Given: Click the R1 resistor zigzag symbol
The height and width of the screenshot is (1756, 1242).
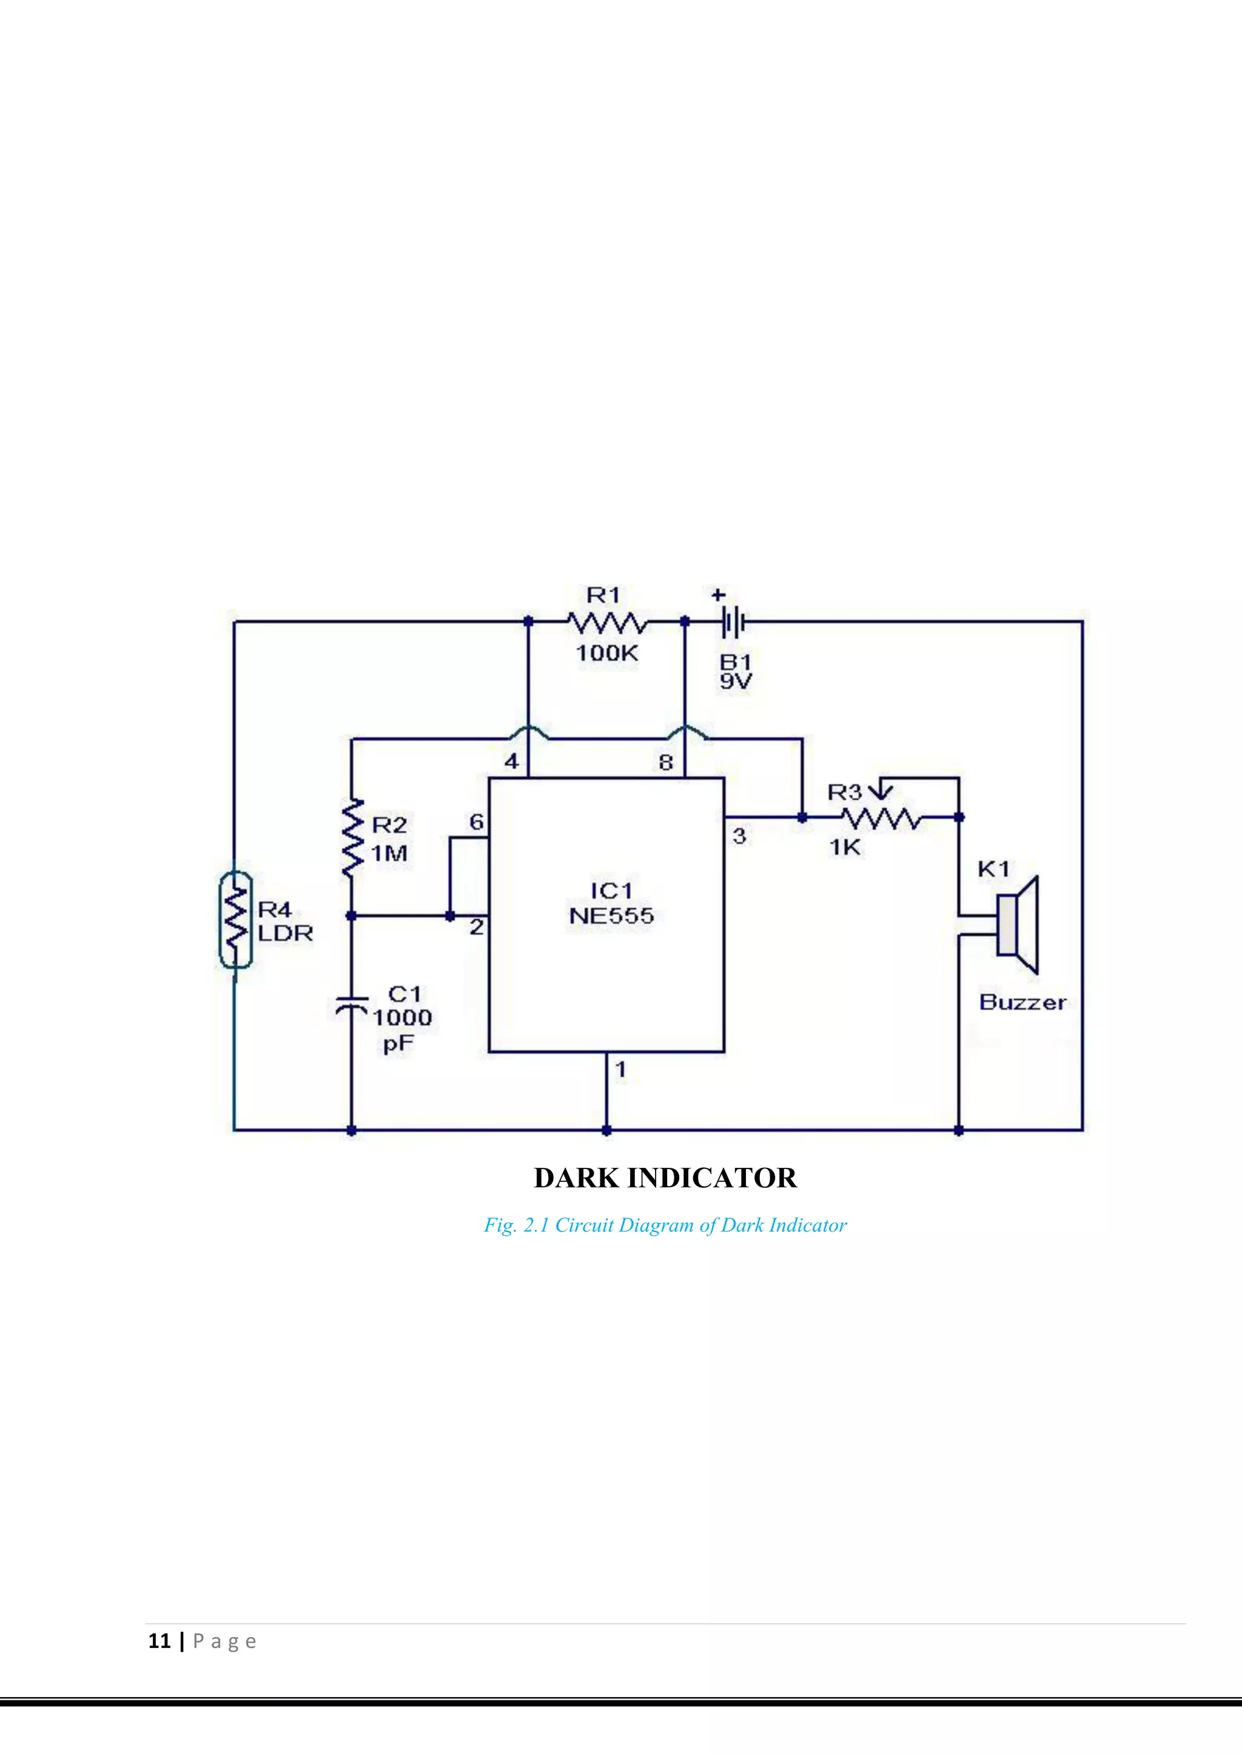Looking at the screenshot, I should pyautogui.click(x=607, y=623).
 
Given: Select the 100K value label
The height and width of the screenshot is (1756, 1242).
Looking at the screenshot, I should pyautogui.click(x=606, y=653).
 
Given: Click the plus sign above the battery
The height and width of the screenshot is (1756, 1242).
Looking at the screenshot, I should pyautogui.click(x=718, y=594).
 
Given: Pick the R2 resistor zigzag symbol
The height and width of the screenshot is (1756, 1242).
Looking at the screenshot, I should pyautogui.click(x=352, y=838).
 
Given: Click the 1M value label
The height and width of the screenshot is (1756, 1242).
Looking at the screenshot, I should pyautogui.click(x=389, y=853).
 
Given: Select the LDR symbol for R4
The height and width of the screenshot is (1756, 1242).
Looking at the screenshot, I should pyautogui.click(x=235, y=919).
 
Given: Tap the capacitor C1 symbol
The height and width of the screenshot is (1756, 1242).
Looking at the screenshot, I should pyautogui.click(x=352, y=1007).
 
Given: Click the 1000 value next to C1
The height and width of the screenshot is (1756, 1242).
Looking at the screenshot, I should pyautogui.click(x=402, y=1018).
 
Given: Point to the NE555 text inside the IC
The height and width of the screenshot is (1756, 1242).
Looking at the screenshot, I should pyautogui.click(x=612, y=916).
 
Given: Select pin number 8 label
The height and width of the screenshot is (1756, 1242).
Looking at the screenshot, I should pyautogui.click(x=666, y=762).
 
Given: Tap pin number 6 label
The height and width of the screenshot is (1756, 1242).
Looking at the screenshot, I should pyautogui.click(x=477, y=822).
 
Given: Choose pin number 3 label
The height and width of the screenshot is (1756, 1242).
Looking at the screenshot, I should pyautogui.click(x=739, y=836).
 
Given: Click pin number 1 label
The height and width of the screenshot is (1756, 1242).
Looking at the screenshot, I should pyautogui.click(x=621, y=1069).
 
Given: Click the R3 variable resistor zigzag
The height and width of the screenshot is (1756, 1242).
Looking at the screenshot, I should pyautogui.click(x=881, y=819).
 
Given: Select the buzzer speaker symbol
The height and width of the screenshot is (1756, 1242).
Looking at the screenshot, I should pyautogui.click(x=1017, y=925).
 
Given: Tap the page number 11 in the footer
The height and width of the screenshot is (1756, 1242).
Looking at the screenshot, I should pyautogui.click(x=159, y=1641).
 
